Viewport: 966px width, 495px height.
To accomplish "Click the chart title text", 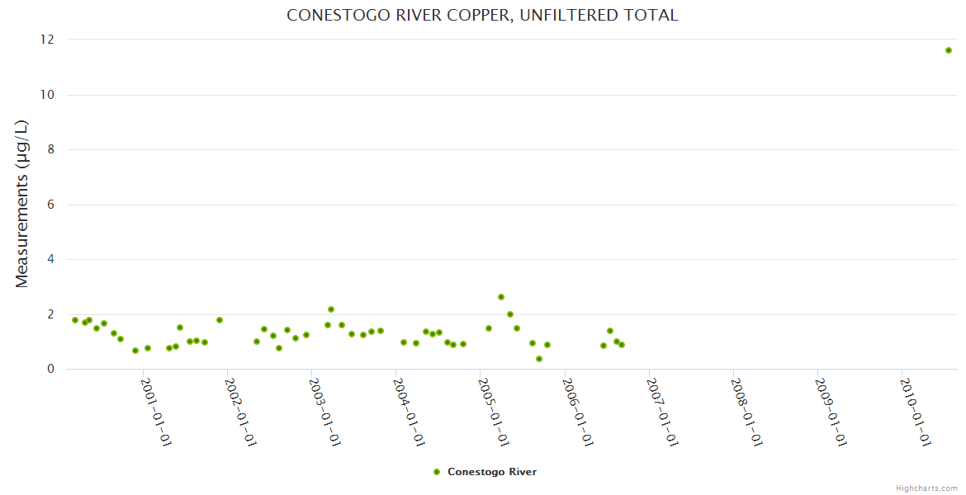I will coord(482,15).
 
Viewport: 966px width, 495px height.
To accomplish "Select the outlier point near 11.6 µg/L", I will coord(949,50).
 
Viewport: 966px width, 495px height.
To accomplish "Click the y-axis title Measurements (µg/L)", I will coord(22,204).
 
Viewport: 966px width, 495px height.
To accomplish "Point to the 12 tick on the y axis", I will coord(47,40).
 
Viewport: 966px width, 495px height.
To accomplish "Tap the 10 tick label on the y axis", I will coord(47,95).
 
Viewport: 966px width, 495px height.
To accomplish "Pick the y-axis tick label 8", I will coord(50,149).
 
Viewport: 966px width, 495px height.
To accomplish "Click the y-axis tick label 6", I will coord(50,205).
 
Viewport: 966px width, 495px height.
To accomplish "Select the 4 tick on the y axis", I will coord(50,259).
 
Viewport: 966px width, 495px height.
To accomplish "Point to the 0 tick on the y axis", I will coord(50,369).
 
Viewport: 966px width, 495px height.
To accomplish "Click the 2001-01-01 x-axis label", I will coord(155,412).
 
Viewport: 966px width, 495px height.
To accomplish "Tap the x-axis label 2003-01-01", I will coord(324,412).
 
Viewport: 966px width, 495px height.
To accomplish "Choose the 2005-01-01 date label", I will coord(493,412).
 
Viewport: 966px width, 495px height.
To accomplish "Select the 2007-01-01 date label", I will coord(662,412).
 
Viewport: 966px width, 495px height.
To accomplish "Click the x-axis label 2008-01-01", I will coord(746,412).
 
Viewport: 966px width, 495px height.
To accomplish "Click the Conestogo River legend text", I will coord(492,472).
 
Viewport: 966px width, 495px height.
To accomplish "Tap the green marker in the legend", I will coord(437,472).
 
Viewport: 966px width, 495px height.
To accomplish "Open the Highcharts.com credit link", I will coord(926,488).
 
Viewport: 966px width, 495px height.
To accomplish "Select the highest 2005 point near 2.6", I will coord(501,297).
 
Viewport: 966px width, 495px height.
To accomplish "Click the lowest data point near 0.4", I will coord(539,359).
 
